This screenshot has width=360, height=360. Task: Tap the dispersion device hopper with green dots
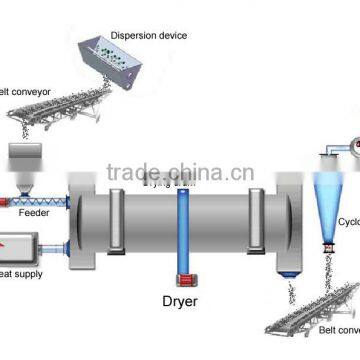pyautogui.click(x=135, y=66)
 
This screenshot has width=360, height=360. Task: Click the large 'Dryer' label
pyautogui.click(x=183, y=299)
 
